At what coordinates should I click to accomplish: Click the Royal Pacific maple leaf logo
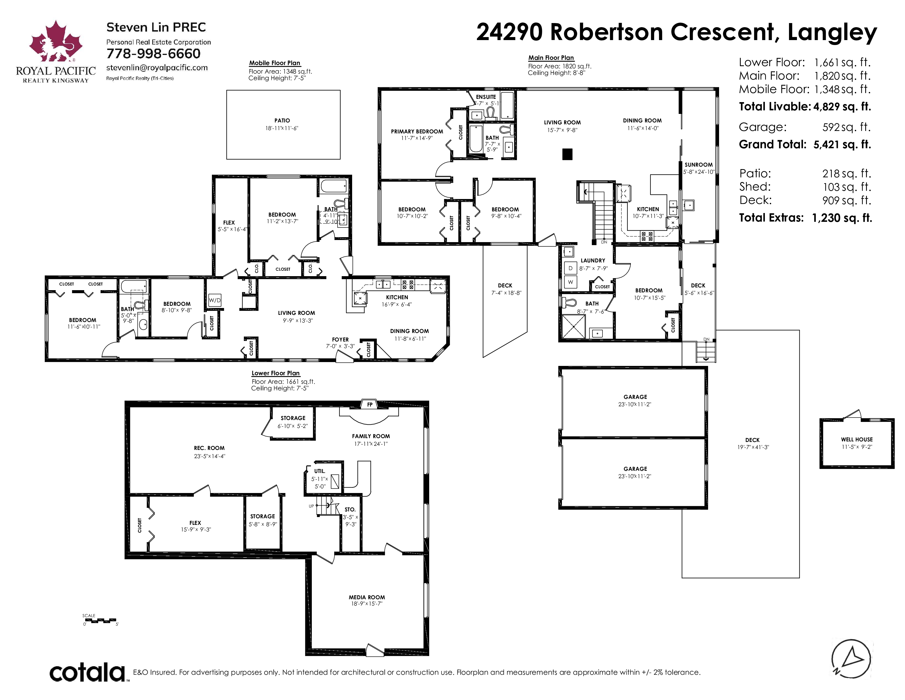(55, 41)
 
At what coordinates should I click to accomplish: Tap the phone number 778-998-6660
(153, 54)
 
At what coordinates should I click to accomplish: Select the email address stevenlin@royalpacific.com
(157, 68)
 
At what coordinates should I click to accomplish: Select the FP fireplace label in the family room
(370, 404)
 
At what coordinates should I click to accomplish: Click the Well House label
(856, 439)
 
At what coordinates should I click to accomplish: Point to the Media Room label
(367, 597)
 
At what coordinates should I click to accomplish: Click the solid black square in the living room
(567, 154)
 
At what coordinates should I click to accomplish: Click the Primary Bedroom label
(417, 131)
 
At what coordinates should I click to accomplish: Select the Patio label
(282, 120)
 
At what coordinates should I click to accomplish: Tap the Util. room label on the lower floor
(319, 471)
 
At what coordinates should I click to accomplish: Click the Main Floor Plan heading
(551, 58)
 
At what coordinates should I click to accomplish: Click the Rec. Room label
(209, 448)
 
